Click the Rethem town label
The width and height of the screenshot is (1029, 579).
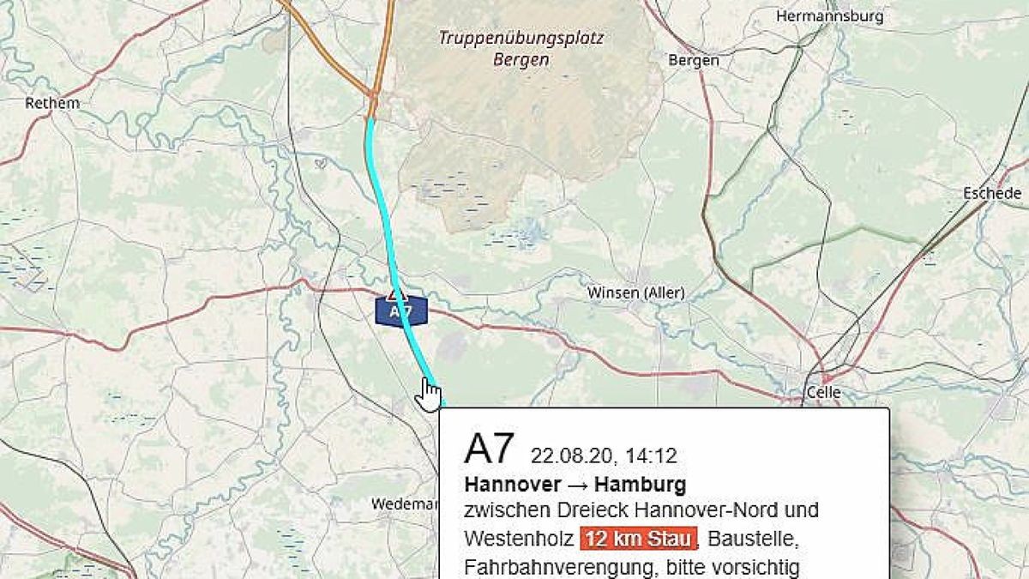pyautogui.click(x=52, y=103)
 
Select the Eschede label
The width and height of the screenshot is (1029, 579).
pyautogui.click(x=992, y=194)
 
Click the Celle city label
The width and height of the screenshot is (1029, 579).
pyautogui.click(x=823, y=393)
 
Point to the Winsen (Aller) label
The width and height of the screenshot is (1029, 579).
pyautogui.click(x=635, y=293)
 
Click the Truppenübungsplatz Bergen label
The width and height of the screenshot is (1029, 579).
pyautogui.click(x=521, y=49)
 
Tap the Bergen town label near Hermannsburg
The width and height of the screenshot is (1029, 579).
pyautogui.click(x=693, y=60)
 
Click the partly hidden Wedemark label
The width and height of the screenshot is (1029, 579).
pyautogui.click(x=404, y=504)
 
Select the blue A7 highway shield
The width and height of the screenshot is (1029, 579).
pyautogui.click(x=401, y=311)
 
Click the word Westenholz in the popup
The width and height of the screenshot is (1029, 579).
pyautogui.click(x=518, y=540)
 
